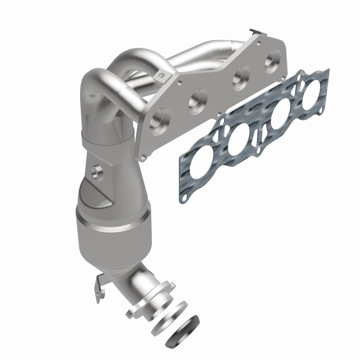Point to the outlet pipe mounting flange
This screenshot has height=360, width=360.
pyautogui.click(x=143, y=299)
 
